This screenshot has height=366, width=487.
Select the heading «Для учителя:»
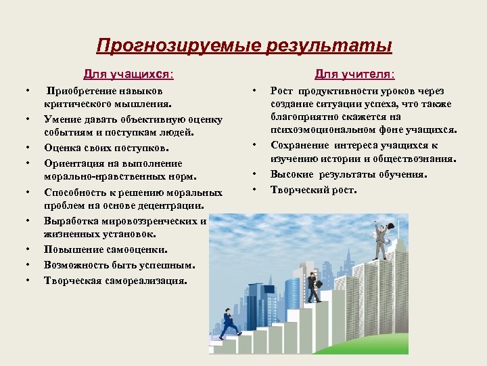click(x=355, y=73)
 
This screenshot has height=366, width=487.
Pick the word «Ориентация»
click(x=75, y=163)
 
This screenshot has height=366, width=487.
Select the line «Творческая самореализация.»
click(x=116, y=280)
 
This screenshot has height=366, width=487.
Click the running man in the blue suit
click(x=229, y=323)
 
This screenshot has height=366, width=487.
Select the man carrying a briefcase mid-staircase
click(x=313, y=287)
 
